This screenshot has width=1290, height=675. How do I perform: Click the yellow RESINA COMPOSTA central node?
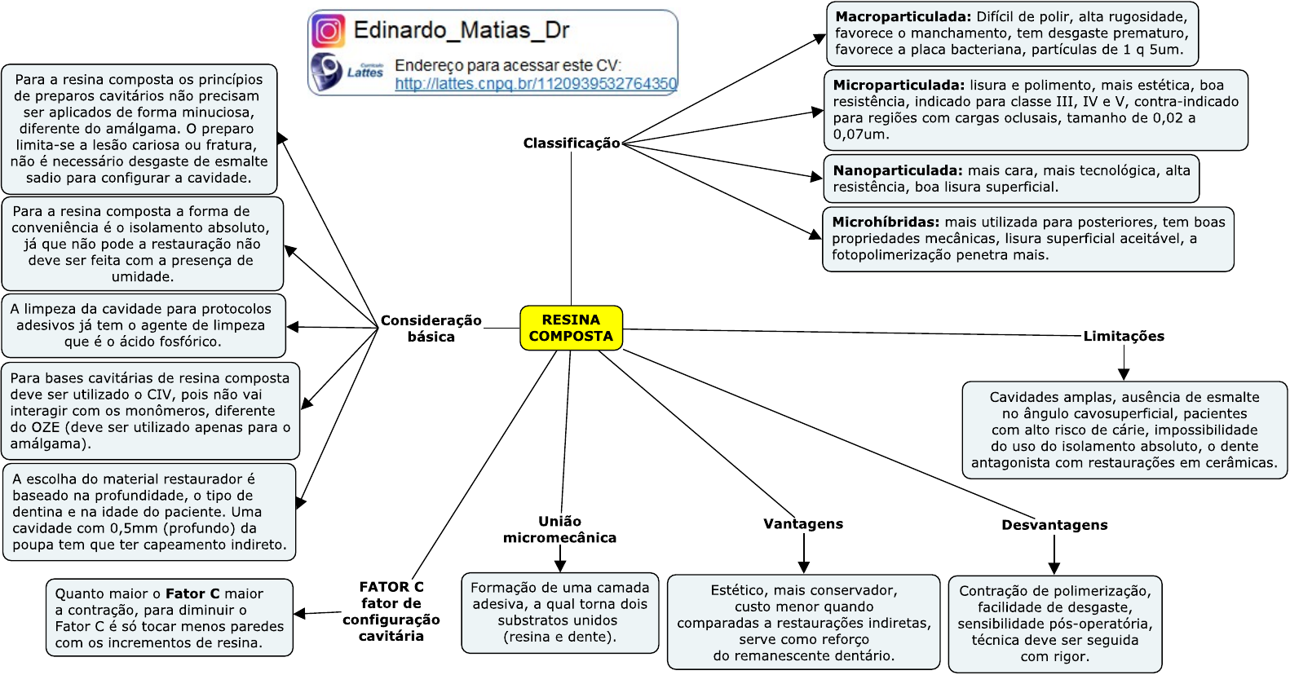pos(571,328)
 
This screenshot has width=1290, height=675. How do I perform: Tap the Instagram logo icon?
pos(328,31)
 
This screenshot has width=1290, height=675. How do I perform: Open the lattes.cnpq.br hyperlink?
pos(536,83)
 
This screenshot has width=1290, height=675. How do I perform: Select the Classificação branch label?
pos(571,143)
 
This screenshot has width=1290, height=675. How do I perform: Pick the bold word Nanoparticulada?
pos(897,171)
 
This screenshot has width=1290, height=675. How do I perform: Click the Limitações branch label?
pos(1123,336)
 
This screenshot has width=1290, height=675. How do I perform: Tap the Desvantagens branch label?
pos(1054,525)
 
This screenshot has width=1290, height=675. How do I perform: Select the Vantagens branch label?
pos(803,524)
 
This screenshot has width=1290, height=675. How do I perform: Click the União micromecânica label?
pos(559,529)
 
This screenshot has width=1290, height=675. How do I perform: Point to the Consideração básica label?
pos(431,329)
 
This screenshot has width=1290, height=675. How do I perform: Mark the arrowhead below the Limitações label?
pos(1124,373)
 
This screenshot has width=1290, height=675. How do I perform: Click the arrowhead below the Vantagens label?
pos(804,567)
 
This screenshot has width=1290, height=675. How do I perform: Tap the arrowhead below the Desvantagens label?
pos(1054,567)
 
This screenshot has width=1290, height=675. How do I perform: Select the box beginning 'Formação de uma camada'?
pos(559,612)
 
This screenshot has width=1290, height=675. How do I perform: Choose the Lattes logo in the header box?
pos(347,71)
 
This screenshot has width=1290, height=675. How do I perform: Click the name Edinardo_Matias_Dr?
pos(461,31)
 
